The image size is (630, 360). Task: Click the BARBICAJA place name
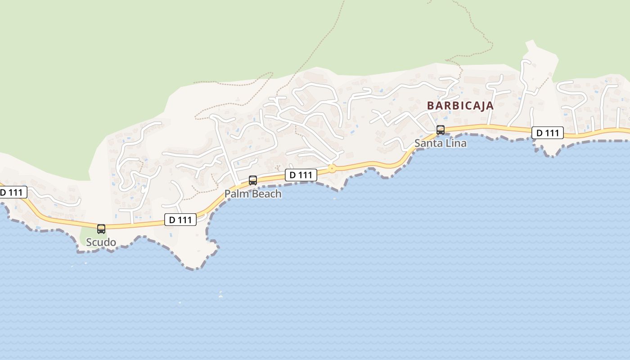(460, 106)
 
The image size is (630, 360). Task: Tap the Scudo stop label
(101, 243)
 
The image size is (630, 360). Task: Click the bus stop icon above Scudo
(101, 229)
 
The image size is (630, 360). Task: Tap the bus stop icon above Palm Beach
(253, 180)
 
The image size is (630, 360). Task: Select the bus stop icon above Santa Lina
(441, 130)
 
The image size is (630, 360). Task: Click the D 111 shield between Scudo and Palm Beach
(180, 220)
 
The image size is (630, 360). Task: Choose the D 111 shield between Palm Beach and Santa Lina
(301, 175)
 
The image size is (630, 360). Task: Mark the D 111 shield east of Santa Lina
(548, 133)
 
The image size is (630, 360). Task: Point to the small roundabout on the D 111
(332, 169)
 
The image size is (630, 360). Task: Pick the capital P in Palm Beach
(228, 194)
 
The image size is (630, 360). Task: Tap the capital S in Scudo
(89, 243)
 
